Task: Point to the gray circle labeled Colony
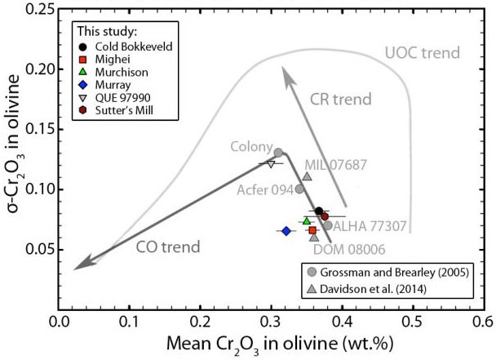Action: (x=278, y=153)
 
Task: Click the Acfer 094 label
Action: (x=265, y=189)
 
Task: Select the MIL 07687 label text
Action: (x=335, y=164)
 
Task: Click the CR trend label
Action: (x=341, y=100)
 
